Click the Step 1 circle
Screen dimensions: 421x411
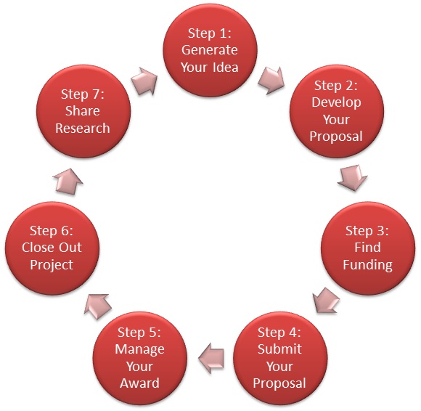coord(210,50)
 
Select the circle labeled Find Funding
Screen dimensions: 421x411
coord(368,248)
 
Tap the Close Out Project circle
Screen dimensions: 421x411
coord(52,248)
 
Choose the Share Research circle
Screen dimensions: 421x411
coord(83,111)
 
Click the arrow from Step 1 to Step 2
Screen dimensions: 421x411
coord(271,80)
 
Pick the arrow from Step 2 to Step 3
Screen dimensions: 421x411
coord(352,178)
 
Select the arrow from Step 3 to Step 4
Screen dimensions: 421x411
coord(326,301)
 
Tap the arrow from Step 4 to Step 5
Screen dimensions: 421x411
coord(211,358)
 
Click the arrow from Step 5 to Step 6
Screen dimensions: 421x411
coord(97,306)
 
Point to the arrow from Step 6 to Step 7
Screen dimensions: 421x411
coord(68,182)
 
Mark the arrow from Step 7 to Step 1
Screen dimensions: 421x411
coord(144,81)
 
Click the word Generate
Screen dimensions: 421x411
coord(210,50)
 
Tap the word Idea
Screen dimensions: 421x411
coord(226,67)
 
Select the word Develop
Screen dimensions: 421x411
coord(336,102)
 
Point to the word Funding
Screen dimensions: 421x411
coord(367,265)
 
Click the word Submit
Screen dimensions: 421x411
coord(279,349)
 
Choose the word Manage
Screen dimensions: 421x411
coord(139,350)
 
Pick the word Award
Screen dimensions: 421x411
coord(139,383)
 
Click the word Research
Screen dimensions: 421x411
coord(83,128)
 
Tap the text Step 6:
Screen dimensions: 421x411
coord(52,231)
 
